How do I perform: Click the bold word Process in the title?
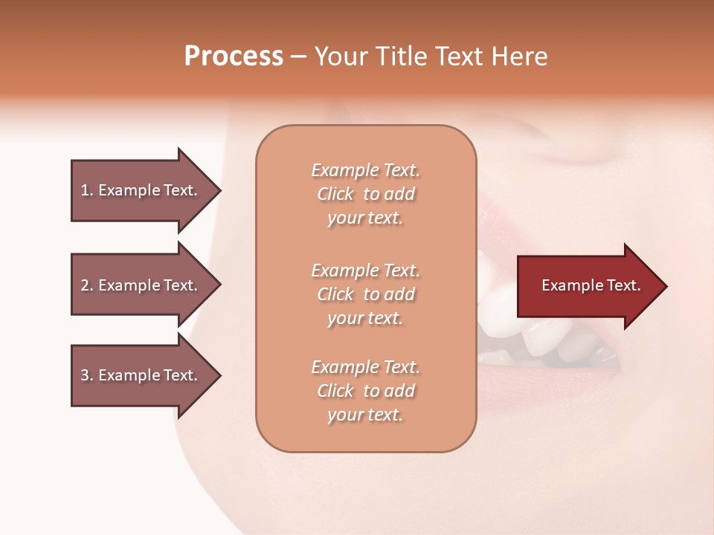(234, 56)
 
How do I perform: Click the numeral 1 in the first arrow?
(85, 190)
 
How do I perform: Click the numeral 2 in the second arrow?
(85, 285)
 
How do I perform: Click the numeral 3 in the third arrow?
(85, 375)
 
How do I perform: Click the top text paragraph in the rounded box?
(365, 194)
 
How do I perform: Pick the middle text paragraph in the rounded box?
(365, 294)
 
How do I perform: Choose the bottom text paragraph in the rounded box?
(365, 391)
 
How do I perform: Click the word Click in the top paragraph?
(335, 195)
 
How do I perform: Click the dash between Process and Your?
(299, 57)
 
